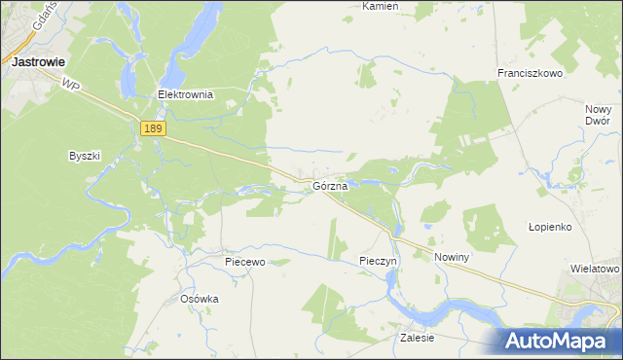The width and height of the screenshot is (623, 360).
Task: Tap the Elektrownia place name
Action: click(185, 95)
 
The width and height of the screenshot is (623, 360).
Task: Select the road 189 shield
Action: click(153, 128)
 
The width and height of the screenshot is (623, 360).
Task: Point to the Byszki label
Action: click(85, 156)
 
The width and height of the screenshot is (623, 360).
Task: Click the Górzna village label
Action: click(330, 185)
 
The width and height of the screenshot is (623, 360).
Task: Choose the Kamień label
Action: click(381, 6)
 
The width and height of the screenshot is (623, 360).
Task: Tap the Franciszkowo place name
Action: click(531, 73)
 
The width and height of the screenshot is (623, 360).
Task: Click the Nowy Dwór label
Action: click(598, 115)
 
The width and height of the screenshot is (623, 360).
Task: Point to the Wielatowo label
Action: click(595, 268)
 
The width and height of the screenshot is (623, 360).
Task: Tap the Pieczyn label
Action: click(378, 262)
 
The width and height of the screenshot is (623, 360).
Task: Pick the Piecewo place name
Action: click(244, 262)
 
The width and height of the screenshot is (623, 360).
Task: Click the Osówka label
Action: click(200, 299)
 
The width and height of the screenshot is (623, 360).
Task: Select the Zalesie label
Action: click(417, 338)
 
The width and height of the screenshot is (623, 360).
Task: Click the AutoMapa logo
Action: click(557, 341)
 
